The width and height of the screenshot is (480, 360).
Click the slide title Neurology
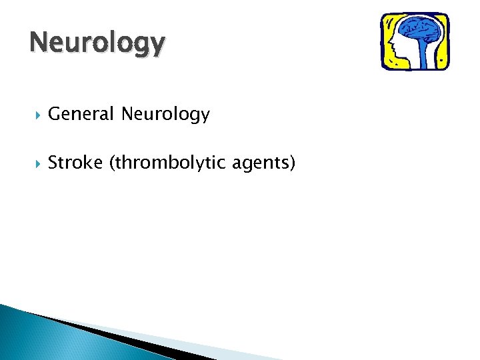pos(97,43)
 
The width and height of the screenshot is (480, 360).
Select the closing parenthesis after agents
pos(291,163)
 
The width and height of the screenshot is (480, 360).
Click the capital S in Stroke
pos(53,163)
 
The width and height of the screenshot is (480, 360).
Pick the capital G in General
pos(55,115)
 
